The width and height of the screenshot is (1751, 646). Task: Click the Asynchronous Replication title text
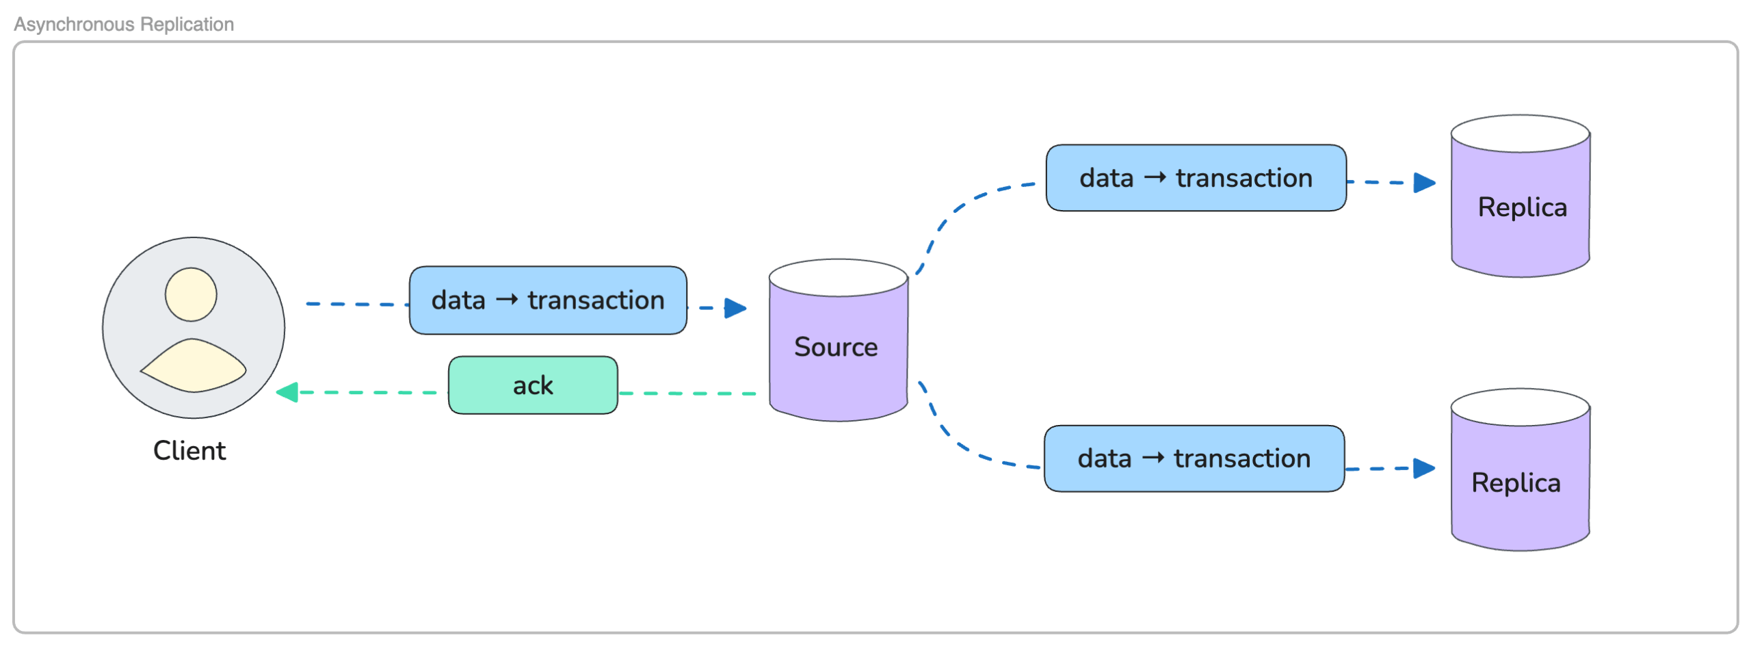coord(124,25)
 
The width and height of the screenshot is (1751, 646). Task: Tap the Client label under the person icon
coord(189,451)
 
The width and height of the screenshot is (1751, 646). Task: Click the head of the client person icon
coord(191,294)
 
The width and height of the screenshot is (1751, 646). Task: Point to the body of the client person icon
coord(194,366)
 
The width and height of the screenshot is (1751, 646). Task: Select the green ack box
coord(533,385)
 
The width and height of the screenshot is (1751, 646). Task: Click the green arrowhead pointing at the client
coord(287,392)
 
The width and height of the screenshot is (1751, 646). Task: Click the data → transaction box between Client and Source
coord(548,300)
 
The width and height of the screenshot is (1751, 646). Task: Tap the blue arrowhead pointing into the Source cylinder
coord(735,308)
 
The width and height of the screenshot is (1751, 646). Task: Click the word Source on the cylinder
coord(836,347)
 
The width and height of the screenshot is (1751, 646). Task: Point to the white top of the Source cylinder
coord(838,278)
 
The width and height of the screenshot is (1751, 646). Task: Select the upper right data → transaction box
coord(1196,178)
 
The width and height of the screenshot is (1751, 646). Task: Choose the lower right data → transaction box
coord(1194,458)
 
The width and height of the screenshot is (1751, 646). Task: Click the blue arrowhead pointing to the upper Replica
coord(1423,183)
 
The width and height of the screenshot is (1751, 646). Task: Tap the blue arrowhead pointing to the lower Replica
coord(1423,469)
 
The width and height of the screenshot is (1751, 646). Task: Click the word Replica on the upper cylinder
coord(1522,207)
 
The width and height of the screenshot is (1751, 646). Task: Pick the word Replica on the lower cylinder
coord(1516,483)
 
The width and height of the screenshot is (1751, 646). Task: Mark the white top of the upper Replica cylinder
coord(1520,133)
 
